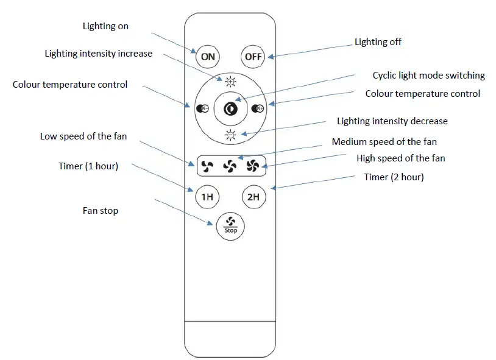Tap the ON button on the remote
[208, 57]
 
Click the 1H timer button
[208, 197]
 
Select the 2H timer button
[253, 197]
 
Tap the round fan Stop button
[230, 226]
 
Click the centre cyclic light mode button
[230, 108]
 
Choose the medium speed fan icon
[230, 164]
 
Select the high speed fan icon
[253, 164]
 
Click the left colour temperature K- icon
[203, 109]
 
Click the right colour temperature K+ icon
[257, 109]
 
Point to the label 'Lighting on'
[105, 26]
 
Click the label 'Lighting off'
[378, 42]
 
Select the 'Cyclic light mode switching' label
[428, 76]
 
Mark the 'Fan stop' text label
[101, 211]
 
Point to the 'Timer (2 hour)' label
[394, 177]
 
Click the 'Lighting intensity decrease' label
[392, 121]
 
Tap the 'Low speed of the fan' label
[83, 136]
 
